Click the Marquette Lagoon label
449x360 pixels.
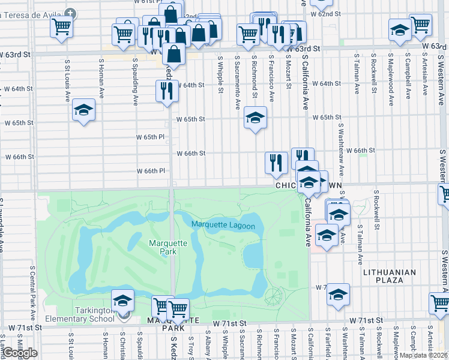[x=223, y=226]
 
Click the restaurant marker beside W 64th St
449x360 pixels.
[x=167, y=91]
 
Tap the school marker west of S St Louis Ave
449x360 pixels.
[x=83, y=110]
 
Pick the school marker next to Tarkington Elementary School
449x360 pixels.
[x=122, y=299]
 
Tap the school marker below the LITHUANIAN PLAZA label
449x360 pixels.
[x=338, y=294]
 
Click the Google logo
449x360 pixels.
[x=20, y=352]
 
